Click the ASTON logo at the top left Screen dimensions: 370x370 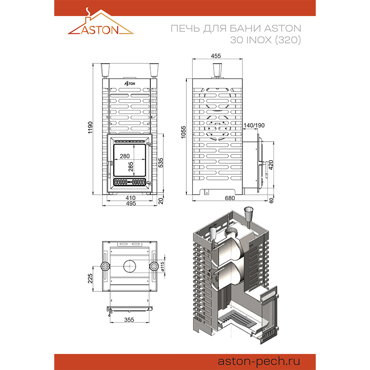point(101,21)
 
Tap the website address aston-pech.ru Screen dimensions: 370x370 point(259,361)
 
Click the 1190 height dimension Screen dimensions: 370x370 point(90,128)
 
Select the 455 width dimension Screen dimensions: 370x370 point(216,56)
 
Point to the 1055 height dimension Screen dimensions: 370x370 point(183,132)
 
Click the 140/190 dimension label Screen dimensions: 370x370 point(254,125)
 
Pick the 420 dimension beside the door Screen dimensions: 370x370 point(271,165)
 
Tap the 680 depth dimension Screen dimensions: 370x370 point(229,198)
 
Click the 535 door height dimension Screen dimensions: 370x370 point(160,163)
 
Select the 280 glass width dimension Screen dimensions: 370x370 point(124,156)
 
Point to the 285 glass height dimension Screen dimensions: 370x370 point(131,166)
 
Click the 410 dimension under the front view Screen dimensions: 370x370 point(130,198)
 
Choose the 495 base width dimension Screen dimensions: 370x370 point(131,203)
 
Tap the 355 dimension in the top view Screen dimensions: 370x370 point(129,320)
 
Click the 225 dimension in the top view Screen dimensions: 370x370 point(90,278)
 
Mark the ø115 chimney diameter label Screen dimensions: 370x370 point(162,266)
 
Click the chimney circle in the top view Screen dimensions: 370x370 point(129,260)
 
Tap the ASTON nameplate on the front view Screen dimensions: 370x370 point(130,84)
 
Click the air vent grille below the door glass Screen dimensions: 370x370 point(129,182)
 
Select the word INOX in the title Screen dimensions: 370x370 point(259,40)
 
